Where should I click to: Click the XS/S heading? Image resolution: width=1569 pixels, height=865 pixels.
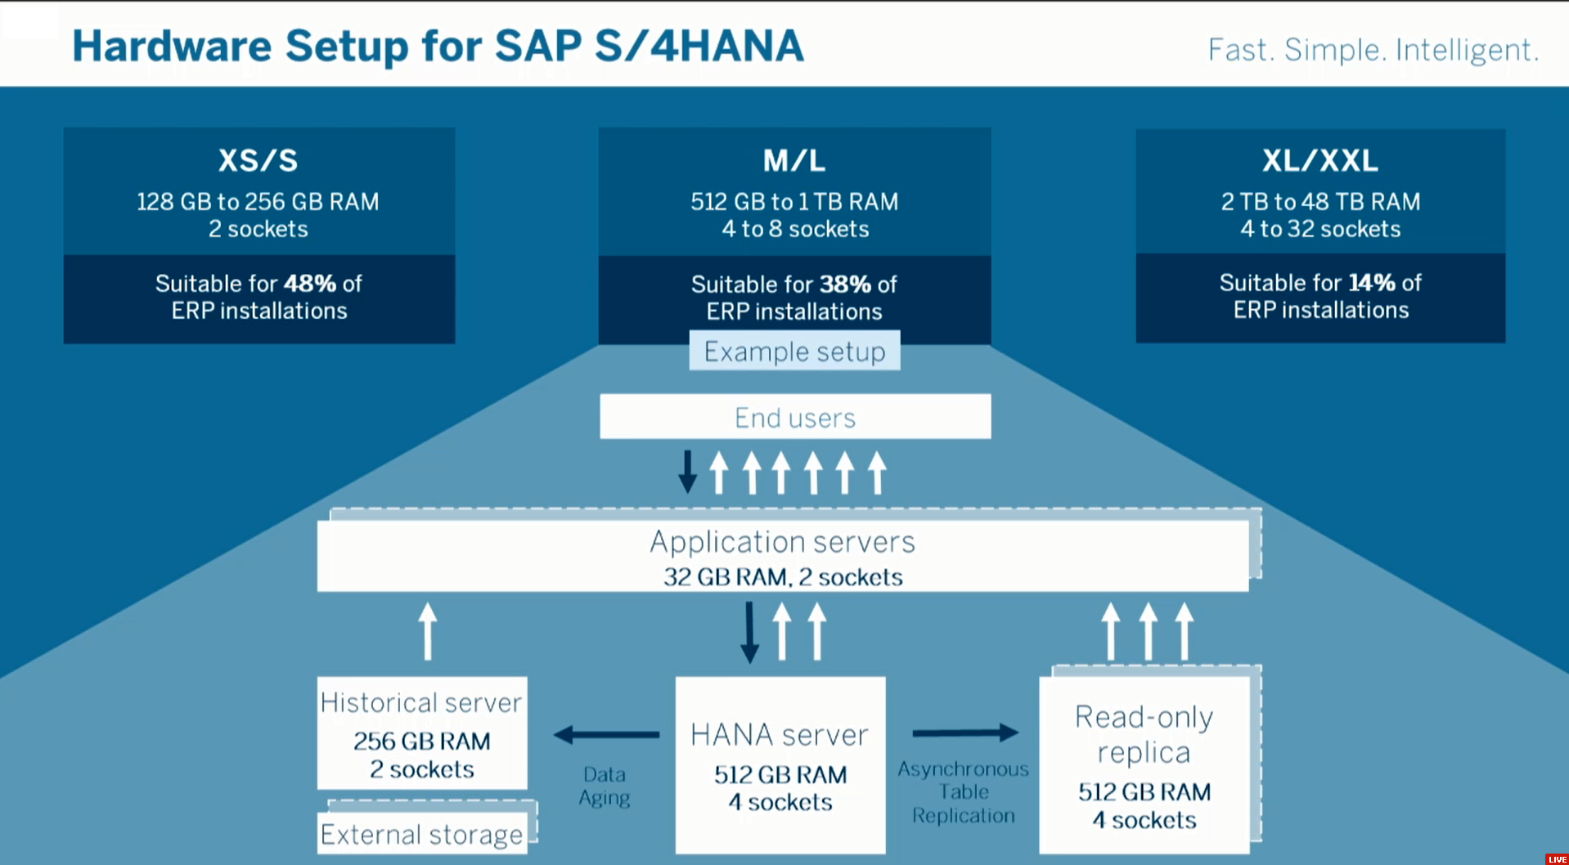click(258, 160)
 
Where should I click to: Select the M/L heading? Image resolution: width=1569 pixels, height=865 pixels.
click(794, 160)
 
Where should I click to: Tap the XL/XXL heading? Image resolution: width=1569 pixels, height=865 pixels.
click(1319, 160)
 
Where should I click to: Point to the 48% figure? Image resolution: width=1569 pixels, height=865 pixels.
click(309, 284)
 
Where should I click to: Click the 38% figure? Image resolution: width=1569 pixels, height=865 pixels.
click(845, 285)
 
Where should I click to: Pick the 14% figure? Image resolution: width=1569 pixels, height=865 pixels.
click(1371, 283)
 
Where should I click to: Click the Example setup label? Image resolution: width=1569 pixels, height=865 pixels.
click(794, 352)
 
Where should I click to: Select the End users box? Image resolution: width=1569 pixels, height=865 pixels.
click(794, 417)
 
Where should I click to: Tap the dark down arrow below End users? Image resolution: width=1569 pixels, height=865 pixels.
click(688, 471)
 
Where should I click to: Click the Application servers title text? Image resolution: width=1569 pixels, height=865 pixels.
click(782, 542)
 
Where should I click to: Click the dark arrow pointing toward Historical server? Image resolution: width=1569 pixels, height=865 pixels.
click(606, 734)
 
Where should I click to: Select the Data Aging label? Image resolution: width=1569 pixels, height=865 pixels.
click(605, 786)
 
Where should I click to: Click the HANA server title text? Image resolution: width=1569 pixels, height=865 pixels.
click(779, 735)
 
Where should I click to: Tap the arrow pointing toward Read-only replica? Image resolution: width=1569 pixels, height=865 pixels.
click(965, 733)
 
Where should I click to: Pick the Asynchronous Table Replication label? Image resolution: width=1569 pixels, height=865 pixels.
click(963, 791)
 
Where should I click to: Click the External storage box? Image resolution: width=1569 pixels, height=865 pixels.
click(421, 834)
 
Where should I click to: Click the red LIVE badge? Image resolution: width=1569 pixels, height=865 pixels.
click(1557, 858)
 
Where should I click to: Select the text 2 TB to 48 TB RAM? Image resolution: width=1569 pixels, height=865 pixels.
click(1319, 202)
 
